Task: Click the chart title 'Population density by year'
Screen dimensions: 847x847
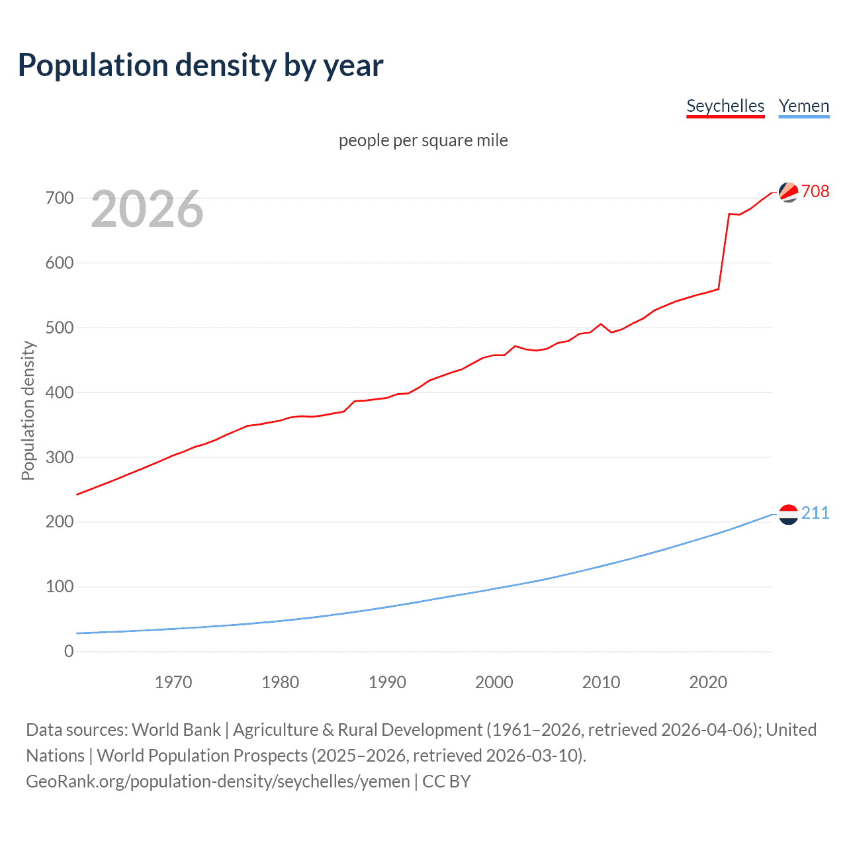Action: point(201,66)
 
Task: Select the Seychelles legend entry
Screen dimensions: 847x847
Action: point(725,107)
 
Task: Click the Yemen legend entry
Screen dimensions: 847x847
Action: point(803,107)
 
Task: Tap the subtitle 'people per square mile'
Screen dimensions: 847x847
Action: point(423,141)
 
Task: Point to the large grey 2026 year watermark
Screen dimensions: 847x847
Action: point(147,209)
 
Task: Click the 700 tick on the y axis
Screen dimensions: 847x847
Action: point(60,198)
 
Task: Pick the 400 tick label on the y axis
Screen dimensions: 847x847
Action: point(60,392)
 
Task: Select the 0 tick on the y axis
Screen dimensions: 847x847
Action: point(69,651)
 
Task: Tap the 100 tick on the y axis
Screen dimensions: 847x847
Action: point(60,586)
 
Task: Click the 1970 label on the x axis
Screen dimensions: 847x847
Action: point(173,682)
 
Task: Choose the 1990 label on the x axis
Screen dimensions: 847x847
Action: point(387,682)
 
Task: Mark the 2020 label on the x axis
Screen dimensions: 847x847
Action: point(708,682)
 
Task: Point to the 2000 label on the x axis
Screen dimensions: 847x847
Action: point(494,682)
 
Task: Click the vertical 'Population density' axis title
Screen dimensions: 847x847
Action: point(28,410)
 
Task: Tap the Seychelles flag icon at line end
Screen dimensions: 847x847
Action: point(788,192)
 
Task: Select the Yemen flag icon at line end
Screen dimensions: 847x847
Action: point(788,514)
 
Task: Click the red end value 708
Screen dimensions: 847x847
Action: point(815,191)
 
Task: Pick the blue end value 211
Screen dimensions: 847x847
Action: point(815,513)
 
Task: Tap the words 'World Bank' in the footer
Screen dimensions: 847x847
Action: point(176,730)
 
